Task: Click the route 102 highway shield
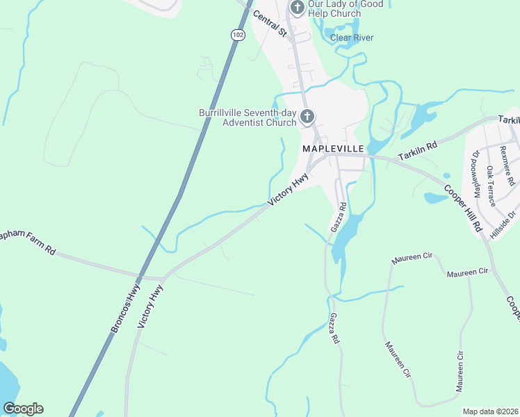pos(238,34)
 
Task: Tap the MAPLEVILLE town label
pos(331,149)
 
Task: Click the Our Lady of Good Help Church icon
pos(297,8)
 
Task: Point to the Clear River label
pos(352,38)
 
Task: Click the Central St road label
pos(270,23)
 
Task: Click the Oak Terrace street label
pos(491,186)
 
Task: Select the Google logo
pos(23,409)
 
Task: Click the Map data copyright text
pos(491,411)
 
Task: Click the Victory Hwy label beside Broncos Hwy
pos(151,306)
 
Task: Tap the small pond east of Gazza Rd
pos(436,198)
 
